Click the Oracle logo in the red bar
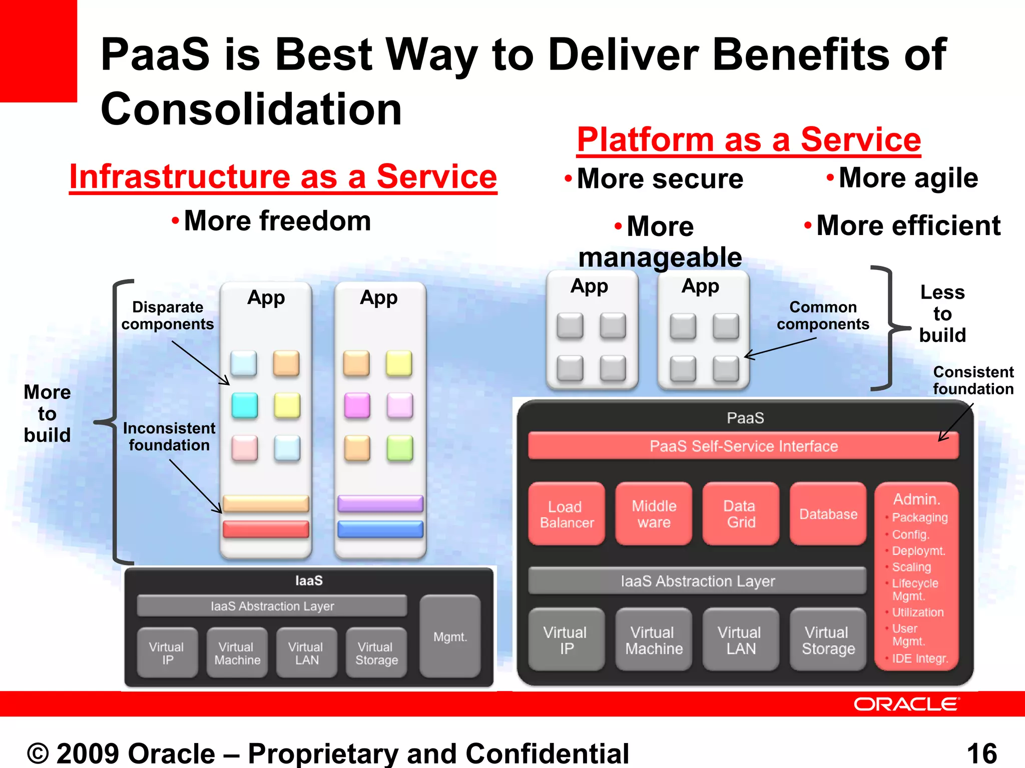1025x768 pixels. pyautogui.click(x=906, y=704)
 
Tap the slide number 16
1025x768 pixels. pyautogui.click(x=981, y=753)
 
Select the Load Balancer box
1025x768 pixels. pyautogui.click(x=567, y=514)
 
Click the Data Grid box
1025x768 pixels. pyautogui.click(x=741, y=514)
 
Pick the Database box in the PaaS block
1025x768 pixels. pyautogui.click(x=828, y=514)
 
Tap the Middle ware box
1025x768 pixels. pyautogui.click(x=654, y=514)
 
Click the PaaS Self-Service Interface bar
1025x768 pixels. pyautogui.click(x=744, y=446)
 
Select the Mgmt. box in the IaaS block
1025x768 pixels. pyautogui.click(x=450, y=636)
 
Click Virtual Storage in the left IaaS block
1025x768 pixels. pyautogui.click(x=376, y=653)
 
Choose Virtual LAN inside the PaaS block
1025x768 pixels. pyautogui.click(x=740, y=640)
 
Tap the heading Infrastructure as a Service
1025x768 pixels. pyautogui.click(x=283, y=176)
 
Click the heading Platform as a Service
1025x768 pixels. pyautogui.click(x=749, y=139)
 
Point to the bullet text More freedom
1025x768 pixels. pyautogui.click(x=277, y=220)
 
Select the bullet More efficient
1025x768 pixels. pyautogui.click(x=908, y=225)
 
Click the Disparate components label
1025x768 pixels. pyautogui.click(x=168, y=315)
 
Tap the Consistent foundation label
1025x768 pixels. pyautogui.click(x=973, y=380)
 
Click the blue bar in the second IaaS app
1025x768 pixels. pyautogui.click(x=380, y=529)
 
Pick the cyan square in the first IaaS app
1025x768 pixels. pyautogui.click(x=245, y=405)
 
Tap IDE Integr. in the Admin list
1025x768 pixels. pyautogui.click(x=919, y=658)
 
